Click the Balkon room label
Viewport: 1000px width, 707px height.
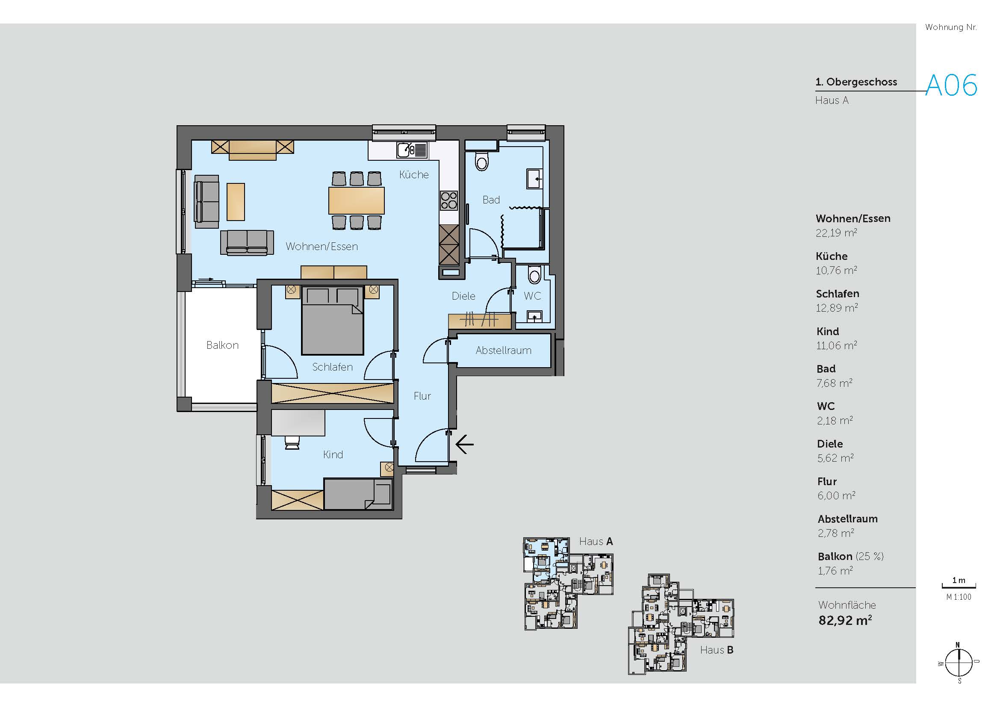pos(223,345)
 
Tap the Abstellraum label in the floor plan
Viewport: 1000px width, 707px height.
pos(504,351)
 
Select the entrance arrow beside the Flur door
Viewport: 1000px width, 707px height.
pos(465,445)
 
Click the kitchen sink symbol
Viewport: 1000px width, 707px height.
pos(412,150)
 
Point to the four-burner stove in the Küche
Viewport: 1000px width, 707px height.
pos(449,201)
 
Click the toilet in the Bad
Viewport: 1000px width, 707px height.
pos(482,161)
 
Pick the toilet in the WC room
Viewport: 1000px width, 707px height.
pos(534,275)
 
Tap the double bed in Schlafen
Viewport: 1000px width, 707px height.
pos(333,321)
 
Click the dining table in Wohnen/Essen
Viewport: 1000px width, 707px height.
pos(357,200)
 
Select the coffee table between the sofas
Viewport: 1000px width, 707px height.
pos(236,202)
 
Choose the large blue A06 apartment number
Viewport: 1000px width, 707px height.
pos(952,85)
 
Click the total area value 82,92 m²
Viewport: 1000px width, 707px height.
pos(845,620)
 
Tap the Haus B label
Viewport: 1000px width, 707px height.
pos(717,650)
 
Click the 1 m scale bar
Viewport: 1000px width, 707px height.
pos(959,586)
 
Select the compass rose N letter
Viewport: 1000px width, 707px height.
pos(958,645)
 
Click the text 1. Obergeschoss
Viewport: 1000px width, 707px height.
pos(856,82)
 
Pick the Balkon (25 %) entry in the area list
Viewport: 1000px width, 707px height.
pos(851,557)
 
